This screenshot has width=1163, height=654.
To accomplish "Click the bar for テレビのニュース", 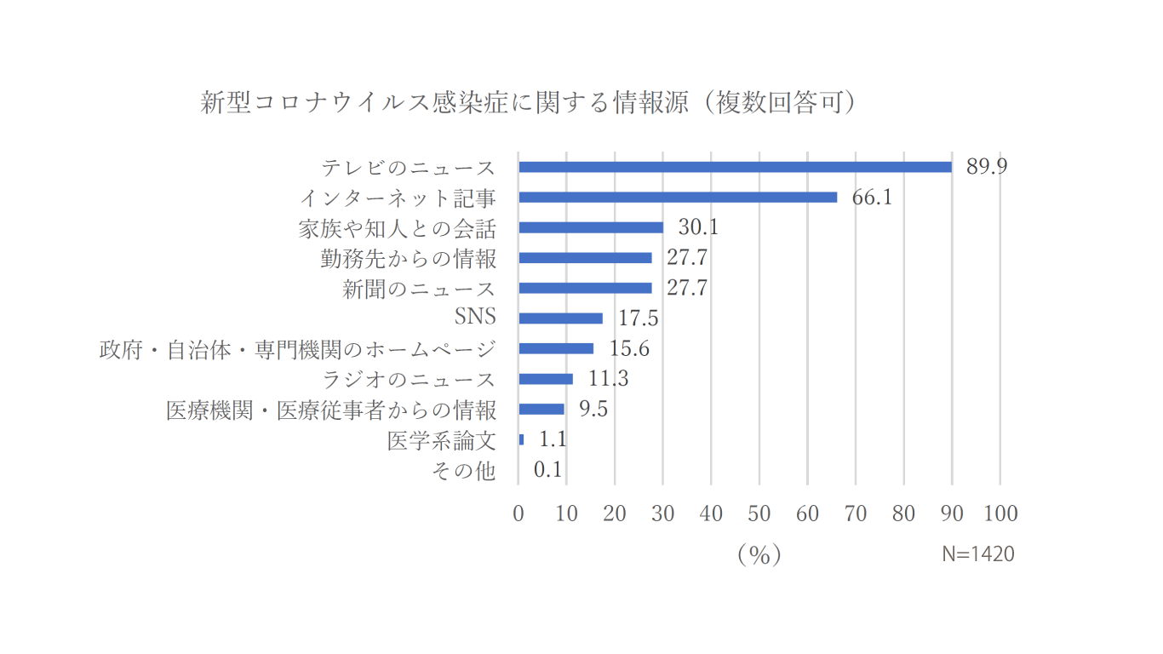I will pos(735,167).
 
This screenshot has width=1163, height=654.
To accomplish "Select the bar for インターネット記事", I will pos(678,198).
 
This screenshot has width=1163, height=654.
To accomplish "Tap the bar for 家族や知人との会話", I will pos(591,227).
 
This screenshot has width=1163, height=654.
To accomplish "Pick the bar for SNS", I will pos(560,318).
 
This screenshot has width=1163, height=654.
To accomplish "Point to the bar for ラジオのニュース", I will pos(546,379).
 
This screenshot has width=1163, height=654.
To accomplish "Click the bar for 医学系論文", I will pos(521,439).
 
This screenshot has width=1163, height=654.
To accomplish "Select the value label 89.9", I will pos(986,166).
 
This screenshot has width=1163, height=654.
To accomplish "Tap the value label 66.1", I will pos(872,198).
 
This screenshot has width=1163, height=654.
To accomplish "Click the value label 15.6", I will pos(629,348).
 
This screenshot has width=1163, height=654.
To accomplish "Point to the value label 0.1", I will pos(547,469).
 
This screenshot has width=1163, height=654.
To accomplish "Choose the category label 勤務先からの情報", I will pos(409,258).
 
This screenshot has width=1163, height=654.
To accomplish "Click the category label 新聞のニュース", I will pos(419,289).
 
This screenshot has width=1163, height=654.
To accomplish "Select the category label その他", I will pos(463,470).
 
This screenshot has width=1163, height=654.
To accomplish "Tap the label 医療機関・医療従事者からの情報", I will pos(331,410).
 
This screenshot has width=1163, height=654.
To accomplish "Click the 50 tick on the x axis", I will pos(759,513).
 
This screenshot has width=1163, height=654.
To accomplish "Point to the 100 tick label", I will pos(1000,513).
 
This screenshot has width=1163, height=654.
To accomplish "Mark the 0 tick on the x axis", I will pos(518,513).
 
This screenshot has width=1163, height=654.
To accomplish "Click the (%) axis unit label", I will pos(759,554).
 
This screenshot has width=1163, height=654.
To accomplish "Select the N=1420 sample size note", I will pos(978,554).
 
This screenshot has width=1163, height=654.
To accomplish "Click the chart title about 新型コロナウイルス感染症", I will pos(528,103).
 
